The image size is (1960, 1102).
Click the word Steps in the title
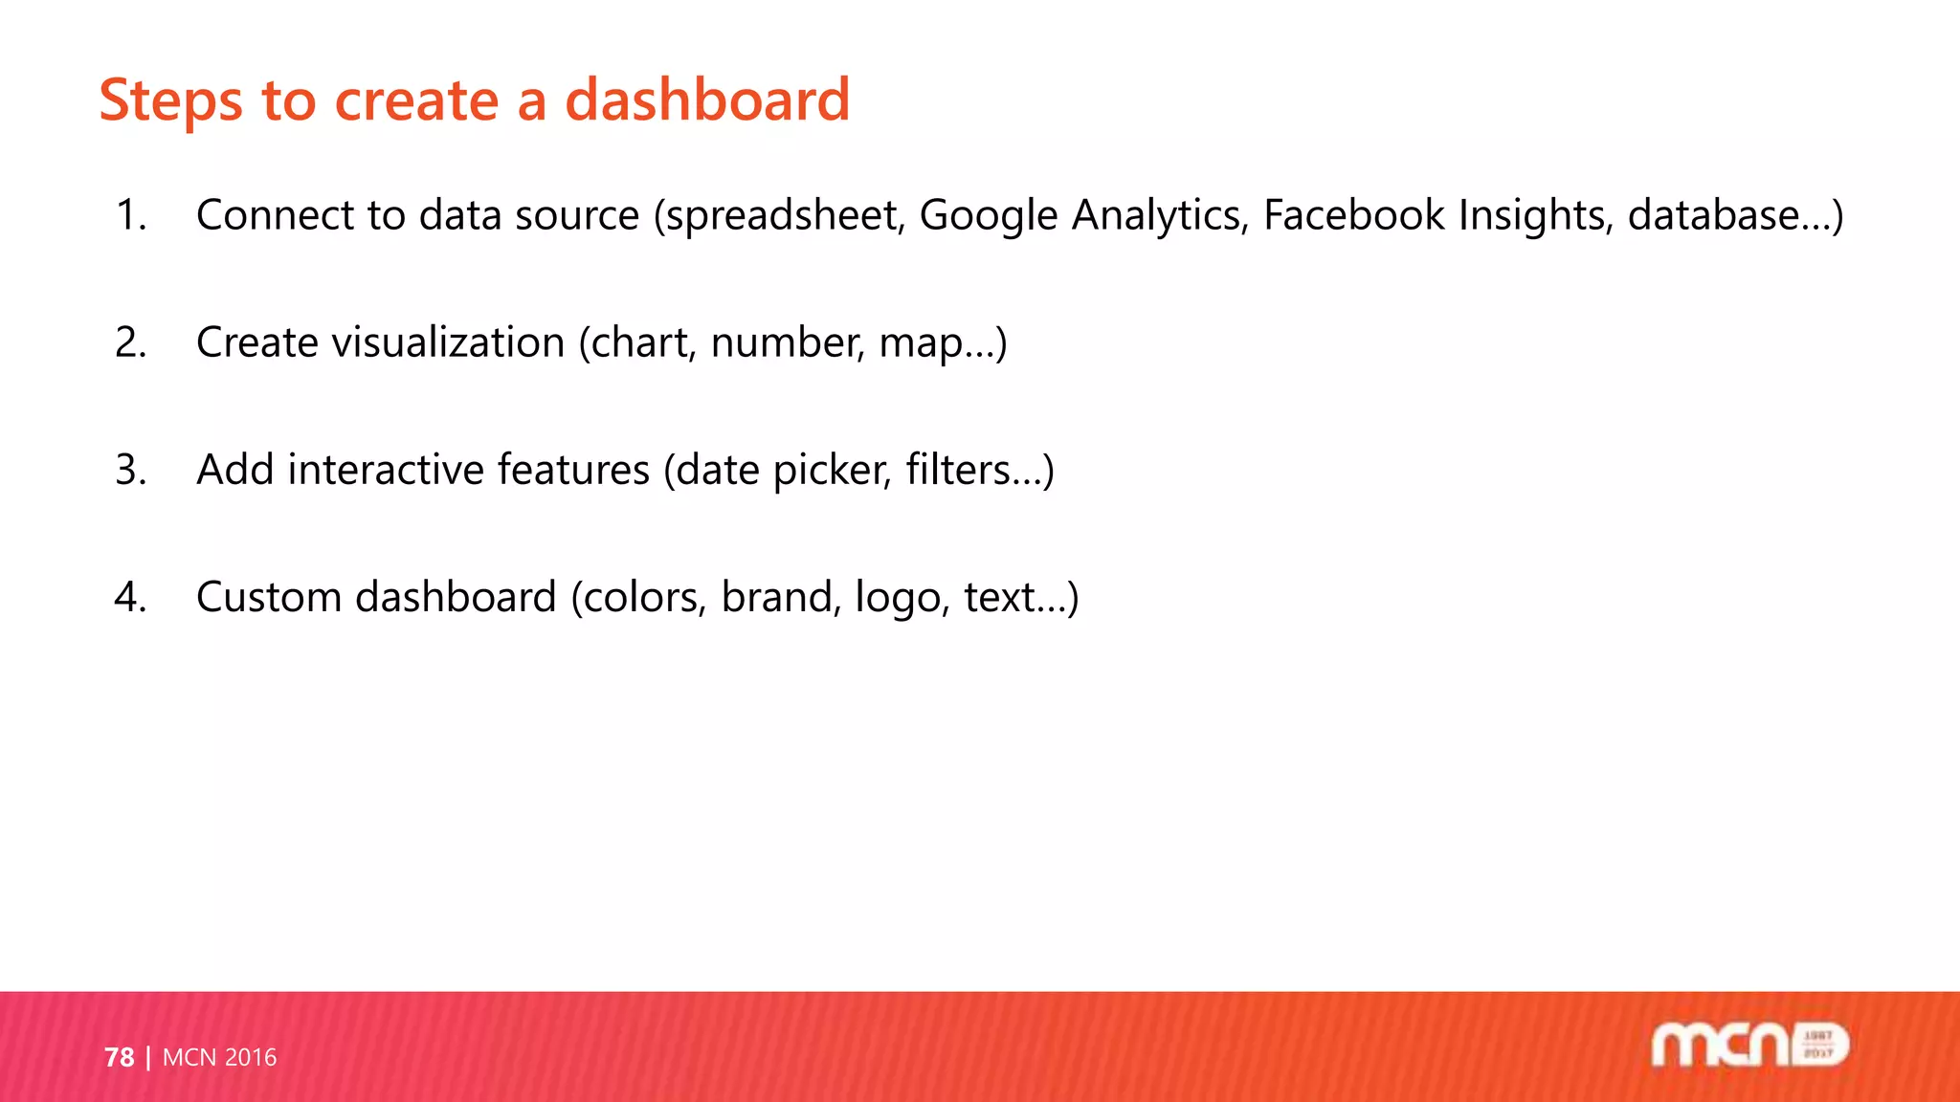pyautogui.click(x=170, y=101)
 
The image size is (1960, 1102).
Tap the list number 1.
pyautogui.click(x=130, y=215)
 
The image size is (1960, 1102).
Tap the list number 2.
pyautogui.click(x=130, y=342)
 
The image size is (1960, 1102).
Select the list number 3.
pyautogui.click(x=130, y=470)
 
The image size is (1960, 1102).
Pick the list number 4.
pyautogui.click(x=130, y=597)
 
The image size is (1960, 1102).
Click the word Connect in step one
pyautogui.click(x=275, y=215)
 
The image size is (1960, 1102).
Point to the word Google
pyautogui.click(x=988, y=215)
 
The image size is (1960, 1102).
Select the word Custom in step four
pyautogui.click(x=269, y=597)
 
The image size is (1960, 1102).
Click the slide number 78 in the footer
pyautogui.click(x=119, y=1057)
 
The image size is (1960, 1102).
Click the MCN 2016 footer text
pyautogui.click(x=219, y=1057)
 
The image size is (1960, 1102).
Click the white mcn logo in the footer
pyautogui.click(x=1749, y=1045)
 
